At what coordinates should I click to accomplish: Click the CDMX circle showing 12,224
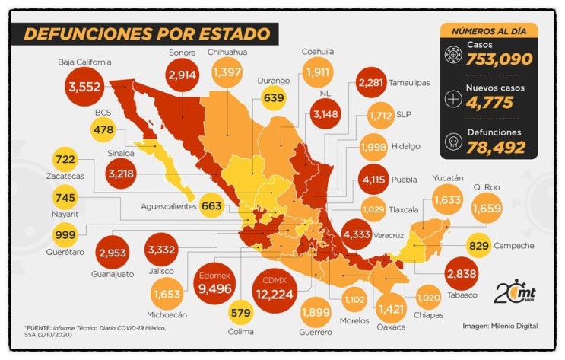[275, 291]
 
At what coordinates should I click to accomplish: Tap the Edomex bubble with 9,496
[214, 284]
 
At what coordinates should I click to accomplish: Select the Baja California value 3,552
[84, 87]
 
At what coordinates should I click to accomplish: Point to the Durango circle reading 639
[274, 97]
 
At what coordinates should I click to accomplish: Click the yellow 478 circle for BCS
[103, 129]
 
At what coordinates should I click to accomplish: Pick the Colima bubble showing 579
[241, 312]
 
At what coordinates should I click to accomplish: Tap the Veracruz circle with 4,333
[357, 234]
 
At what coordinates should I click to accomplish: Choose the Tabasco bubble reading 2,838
[462, 274]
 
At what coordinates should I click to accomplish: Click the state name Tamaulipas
[409, 83]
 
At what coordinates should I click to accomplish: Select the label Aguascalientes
[169, 207]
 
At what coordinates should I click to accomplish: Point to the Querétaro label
[65, 252]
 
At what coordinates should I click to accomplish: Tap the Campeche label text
[514, 246]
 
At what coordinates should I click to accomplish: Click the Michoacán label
[167, 314]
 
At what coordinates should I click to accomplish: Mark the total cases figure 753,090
[500, 59]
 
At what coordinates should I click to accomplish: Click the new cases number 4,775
[489, 103]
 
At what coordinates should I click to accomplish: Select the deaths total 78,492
[496, 147]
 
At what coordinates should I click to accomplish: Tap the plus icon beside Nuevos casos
[453, 99]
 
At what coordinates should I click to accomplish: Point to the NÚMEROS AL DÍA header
[489, 31]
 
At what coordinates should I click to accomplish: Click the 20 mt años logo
[515, 291]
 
